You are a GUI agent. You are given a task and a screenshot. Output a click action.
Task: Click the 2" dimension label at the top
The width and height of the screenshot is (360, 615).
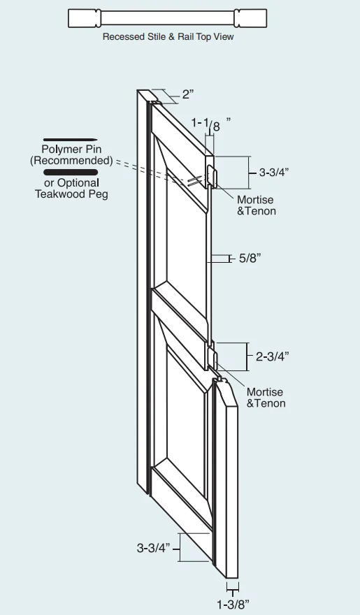point(188,94)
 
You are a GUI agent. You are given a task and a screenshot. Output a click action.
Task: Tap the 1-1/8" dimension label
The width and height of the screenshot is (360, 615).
point(210,124)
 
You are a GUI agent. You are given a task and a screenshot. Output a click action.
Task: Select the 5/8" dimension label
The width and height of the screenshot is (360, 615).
point(250,258)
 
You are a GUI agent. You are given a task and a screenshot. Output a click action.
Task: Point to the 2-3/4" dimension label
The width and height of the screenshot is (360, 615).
point(272,356)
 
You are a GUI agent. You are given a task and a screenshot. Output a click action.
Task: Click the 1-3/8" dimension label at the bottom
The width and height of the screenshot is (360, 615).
point(233,605)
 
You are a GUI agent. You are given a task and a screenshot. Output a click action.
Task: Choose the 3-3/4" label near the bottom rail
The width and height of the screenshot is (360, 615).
point(153,547)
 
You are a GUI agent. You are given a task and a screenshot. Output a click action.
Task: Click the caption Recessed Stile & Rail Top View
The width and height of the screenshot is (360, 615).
point(168,36)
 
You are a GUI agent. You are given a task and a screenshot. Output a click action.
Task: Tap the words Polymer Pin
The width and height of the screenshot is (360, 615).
point(71,149)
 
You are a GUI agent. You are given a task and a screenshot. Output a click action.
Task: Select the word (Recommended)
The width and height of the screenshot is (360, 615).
point(71,161)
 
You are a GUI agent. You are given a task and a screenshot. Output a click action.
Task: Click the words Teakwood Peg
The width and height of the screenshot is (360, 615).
point(71,194)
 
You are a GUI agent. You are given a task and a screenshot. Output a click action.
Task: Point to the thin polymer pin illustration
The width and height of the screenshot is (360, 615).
point(70,140)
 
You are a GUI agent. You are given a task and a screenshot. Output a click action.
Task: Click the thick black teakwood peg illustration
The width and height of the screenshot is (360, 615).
point(71,172)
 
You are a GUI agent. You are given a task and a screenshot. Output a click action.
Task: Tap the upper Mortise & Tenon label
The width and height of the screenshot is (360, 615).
point(257,205)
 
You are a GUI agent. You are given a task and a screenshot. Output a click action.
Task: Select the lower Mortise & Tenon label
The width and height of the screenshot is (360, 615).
point(266,398)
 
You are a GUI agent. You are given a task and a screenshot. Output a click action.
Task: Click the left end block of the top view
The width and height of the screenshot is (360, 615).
point(85,18)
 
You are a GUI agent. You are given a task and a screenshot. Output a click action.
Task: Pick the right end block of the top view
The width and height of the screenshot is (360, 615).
point(250,18)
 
